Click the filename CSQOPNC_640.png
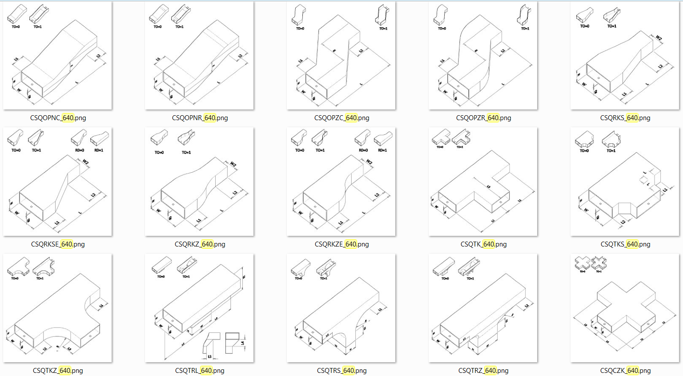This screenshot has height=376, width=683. click(x=58, y=118)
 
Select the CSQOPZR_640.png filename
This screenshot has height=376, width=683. click(x=483, y=118)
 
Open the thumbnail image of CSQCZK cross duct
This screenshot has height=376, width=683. click(x=625, y=308)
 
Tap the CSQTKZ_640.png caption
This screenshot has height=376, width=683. click(x=58, y=371)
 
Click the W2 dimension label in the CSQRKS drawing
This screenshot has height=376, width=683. click(x=659, y=38)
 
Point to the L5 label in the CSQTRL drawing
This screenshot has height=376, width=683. click(x=210, y=356)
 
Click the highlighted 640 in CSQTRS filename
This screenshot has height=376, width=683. click(x=349, y=371)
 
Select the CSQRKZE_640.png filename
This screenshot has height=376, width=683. click(x=341, y=244)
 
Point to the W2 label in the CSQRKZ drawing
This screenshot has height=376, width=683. click(x=233, y=165)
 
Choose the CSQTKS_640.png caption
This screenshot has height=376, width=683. click(x=625, y=244)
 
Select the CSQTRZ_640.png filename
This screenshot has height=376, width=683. click(x=483, y=371)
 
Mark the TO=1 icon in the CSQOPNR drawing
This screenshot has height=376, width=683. click(x=181, y=14)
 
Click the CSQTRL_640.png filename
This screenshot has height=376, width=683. click(x=200, y=371)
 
